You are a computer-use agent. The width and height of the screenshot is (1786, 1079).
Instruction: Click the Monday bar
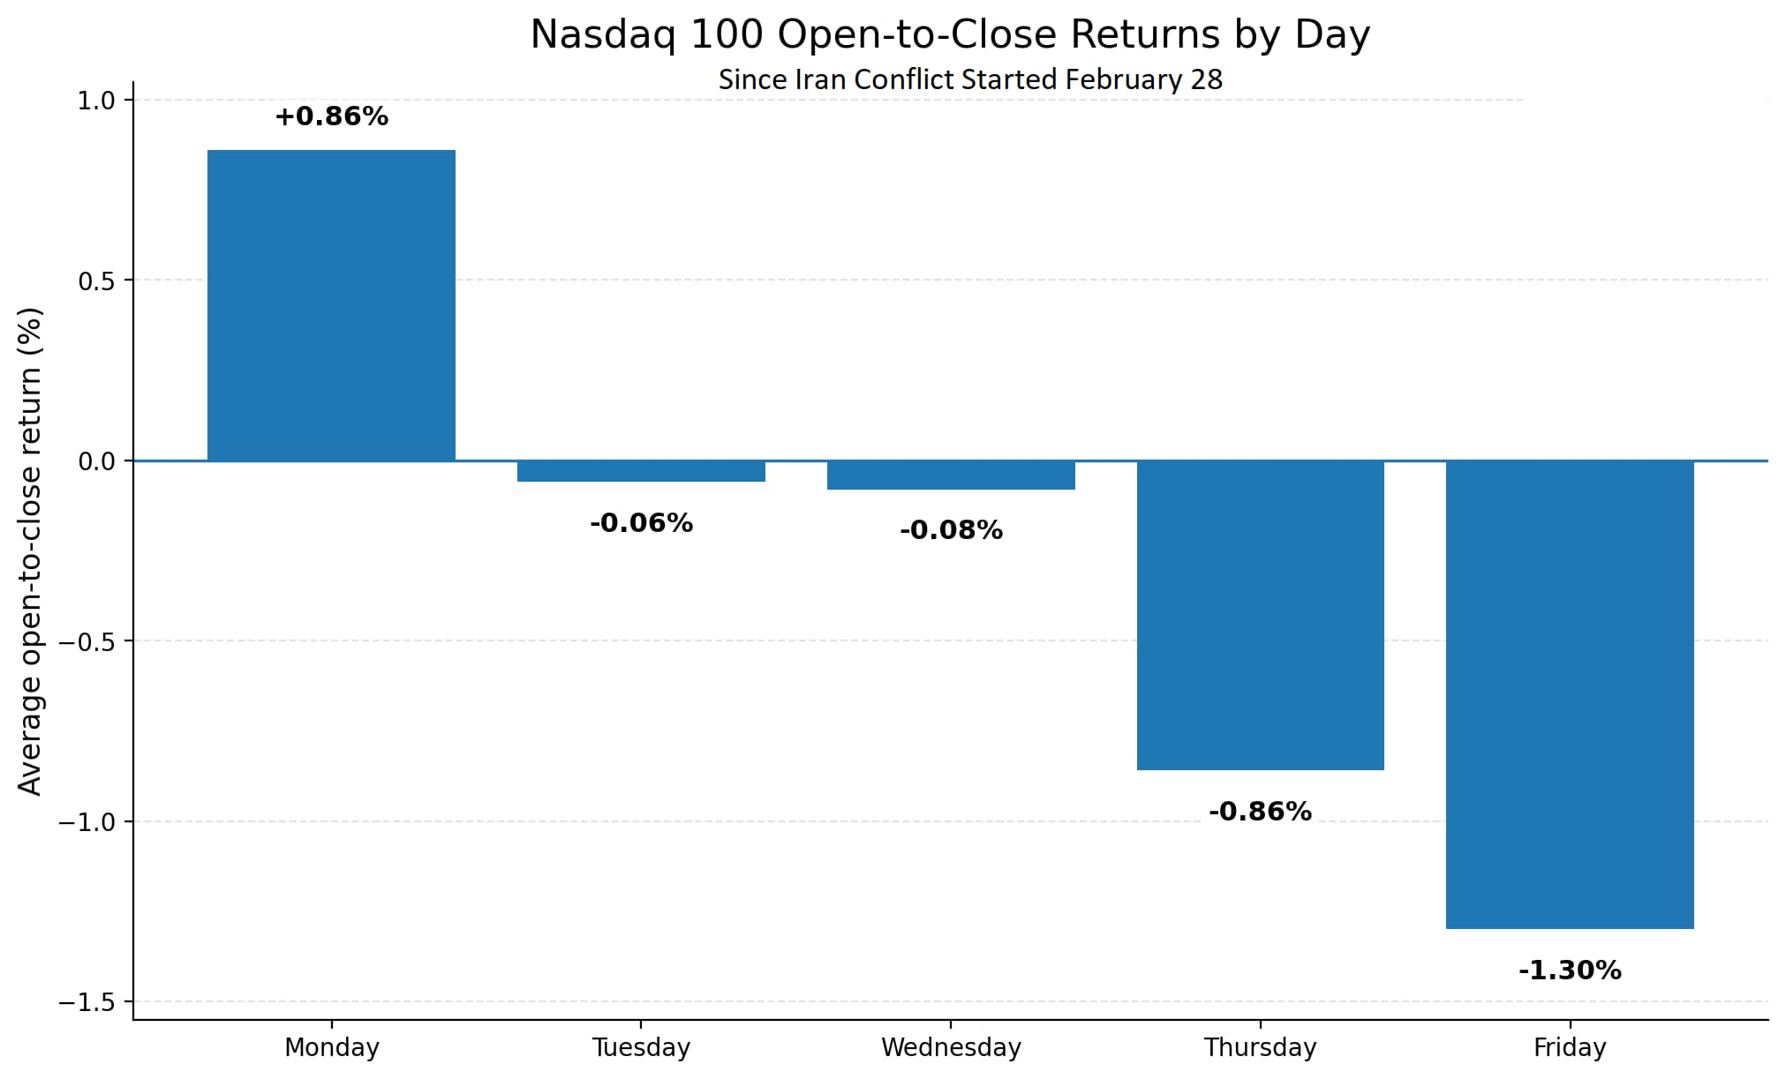(331, 305)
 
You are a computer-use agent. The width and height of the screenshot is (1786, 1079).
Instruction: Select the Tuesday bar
(641, 471)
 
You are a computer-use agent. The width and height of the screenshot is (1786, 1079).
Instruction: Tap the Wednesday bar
(951, 475)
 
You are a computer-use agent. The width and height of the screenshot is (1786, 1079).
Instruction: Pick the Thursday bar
(1261, 615)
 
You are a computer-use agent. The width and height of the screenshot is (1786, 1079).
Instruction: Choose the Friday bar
(1570, 694)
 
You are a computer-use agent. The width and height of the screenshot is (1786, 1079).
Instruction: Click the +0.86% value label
(331, 116)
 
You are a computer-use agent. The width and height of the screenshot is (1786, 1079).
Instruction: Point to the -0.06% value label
(641, 523)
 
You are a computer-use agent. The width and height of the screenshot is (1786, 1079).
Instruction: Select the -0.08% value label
(951, 530)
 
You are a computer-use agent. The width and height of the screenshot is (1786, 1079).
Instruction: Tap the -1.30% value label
(1570, 970)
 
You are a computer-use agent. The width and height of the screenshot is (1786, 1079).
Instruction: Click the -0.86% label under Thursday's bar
(1260, 812)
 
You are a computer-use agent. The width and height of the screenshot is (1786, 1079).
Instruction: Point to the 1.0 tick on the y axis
(97, 101)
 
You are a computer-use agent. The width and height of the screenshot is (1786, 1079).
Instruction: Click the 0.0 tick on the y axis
(97, 461)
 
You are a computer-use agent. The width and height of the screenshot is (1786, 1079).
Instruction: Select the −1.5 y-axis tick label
(87, 1002)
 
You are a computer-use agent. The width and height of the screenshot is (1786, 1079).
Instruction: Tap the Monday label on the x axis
(331, 1047)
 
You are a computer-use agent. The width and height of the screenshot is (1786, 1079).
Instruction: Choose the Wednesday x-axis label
(951, 1047)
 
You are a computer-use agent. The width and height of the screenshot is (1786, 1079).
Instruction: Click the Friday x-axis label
(1570, 1047)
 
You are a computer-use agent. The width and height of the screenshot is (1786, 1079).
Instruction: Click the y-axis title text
(30, 551)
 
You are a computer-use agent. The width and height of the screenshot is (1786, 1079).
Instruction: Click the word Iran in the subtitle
(820, 79)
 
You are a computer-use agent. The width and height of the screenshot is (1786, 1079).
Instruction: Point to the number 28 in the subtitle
(1206, 79)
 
